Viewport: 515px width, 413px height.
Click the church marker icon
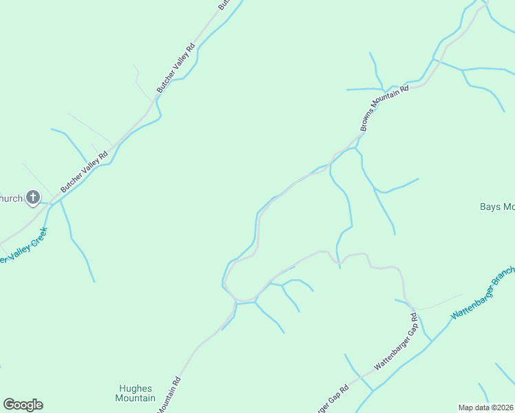coord(32,198)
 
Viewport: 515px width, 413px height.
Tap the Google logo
coord(23,405)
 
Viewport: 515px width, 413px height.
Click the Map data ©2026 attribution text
coord(485,407)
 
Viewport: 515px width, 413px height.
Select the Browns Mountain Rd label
coord(384,108)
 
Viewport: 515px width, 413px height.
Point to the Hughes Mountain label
coord(135,393)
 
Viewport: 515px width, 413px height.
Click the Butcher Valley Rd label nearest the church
coord(85,171)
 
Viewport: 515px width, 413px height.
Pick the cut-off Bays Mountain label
coord(497,206)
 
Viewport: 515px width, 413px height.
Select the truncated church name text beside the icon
coord(11,199)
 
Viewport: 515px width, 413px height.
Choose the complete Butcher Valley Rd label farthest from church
coord(176,69)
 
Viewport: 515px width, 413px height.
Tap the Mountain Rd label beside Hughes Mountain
coord(169,395)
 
